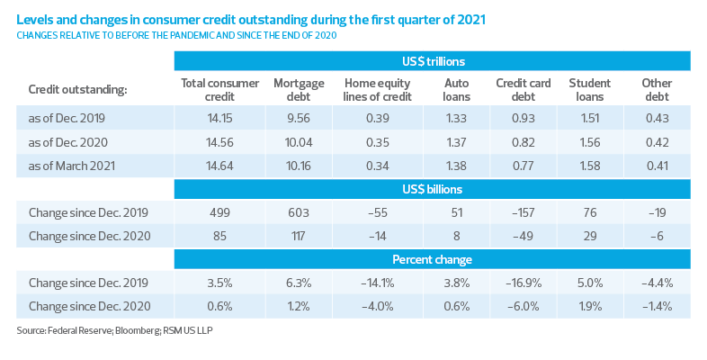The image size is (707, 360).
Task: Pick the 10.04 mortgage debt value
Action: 298,142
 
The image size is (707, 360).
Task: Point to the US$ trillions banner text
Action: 432,61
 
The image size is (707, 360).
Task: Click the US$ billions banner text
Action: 432,190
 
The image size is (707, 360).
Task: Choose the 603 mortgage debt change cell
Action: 298,211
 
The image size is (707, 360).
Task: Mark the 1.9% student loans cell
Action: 590,306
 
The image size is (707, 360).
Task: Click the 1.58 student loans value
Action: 590,166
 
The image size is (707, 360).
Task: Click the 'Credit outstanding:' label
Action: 77,90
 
